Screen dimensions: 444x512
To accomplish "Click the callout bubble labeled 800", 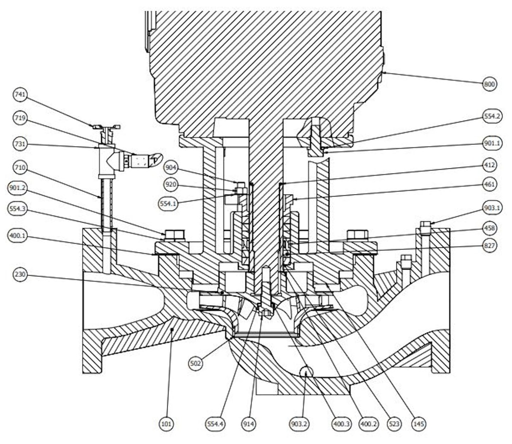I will click(x=489, y=84).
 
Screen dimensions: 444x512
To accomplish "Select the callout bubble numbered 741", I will click(x=21, y=94).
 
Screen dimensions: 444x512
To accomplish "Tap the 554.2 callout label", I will click(x=489, y=116).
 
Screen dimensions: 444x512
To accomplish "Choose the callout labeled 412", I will click(x=489, y=164).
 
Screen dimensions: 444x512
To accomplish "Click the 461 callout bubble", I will click(x=489, y=184).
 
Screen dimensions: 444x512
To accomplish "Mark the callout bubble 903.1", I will click(x=489, y=207).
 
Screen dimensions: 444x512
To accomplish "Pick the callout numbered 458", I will click(x=489, y=228).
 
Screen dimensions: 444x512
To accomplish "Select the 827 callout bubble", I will click(x=489, y=246).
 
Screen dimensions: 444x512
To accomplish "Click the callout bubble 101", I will click(x=166, y=425).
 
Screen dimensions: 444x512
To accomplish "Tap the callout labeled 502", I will click(x=195, y=363).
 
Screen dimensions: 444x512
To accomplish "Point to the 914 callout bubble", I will click(x=248, y=425).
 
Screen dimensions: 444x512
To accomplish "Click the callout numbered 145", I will click(x=419, y=425).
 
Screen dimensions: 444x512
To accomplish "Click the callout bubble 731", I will click(x=21, y=144).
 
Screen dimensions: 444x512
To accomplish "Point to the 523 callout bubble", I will click(x=394, y=425).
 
